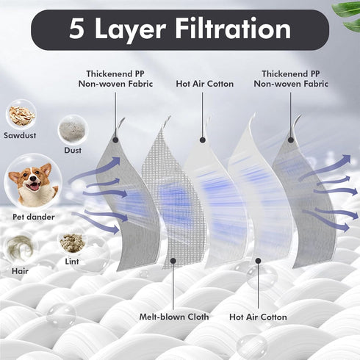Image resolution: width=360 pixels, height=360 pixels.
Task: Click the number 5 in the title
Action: (76, 29)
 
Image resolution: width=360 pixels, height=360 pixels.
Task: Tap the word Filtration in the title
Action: (233, 28)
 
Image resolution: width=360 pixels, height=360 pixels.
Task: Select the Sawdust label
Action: (20, 135)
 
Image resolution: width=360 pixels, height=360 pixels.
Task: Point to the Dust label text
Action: (73, 150)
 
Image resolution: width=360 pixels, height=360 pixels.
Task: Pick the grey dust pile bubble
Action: (73, 129)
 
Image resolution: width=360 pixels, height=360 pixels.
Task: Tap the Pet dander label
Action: (34, 217)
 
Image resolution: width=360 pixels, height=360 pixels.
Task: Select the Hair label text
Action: (20, 271)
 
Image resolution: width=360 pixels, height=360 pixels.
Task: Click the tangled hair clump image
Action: (20, 248)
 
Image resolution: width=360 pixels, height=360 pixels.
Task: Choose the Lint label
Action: (72, 262)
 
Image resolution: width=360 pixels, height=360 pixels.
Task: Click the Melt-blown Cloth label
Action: (174, 317)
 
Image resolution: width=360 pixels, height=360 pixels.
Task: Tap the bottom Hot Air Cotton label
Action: (258, 317)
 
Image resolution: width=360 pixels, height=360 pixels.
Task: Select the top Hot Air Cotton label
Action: (204, 84)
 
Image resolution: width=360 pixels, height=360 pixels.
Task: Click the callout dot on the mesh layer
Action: (173, 261)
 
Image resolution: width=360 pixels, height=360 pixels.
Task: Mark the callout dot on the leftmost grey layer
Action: (115, 140)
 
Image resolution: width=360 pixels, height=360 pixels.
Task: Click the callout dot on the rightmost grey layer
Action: (291, 140)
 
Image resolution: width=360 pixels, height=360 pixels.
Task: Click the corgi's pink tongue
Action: (35, 187)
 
